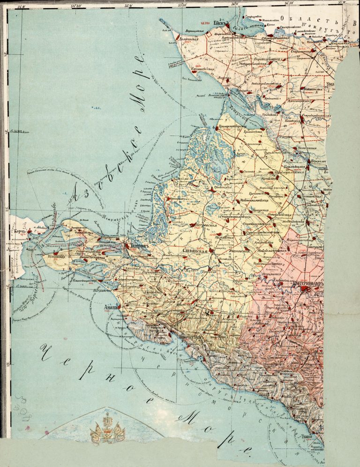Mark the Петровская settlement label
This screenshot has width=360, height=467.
click(x=204, y=226)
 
